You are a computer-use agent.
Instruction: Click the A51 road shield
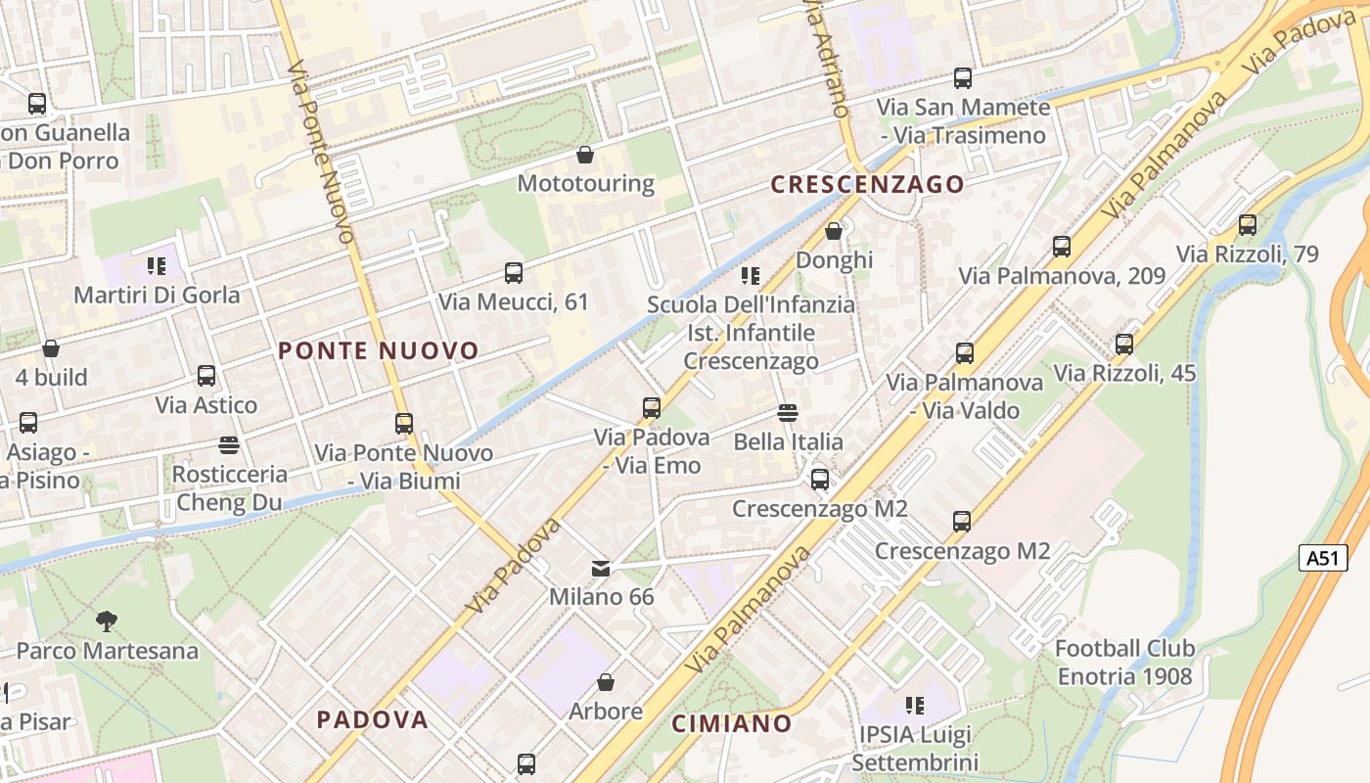(1321, 558)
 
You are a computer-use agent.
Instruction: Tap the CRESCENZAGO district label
(867, 184)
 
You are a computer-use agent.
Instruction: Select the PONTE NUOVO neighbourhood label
(379, 350)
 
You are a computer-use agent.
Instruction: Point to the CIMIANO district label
(732, 723)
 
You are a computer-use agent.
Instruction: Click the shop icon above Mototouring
(585, 155)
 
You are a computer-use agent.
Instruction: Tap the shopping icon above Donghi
(834, 231)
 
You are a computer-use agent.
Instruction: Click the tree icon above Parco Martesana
(107, 621)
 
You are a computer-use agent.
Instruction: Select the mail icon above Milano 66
(601, 568)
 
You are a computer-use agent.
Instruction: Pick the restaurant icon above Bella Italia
(788, 413)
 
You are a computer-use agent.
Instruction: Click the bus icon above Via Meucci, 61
(514, 273)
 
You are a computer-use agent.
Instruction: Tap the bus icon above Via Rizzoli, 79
(1248, 225)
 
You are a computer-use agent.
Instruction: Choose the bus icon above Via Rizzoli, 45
(1124, 345)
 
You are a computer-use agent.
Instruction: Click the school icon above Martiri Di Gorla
(157, 265)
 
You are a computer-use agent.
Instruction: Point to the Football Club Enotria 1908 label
(1124, 662)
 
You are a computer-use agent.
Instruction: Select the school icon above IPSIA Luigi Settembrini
(915, 705)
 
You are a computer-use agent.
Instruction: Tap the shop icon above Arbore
(606, 682)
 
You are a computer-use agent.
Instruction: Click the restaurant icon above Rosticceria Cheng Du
(229, 445)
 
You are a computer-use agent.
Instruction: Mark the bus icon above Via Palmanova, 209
(1062, 247)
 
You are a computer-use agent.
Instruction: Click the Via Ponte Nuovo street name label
(322, 152)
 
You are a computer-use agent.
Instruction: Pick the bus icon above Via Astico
(206, 376)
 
